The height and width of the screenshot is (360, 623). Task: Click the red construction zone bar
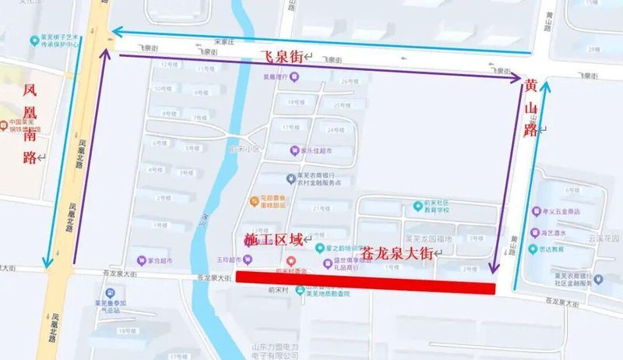(365, 288)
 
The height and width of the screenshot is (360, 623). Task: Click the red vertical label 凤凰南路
(31, 118)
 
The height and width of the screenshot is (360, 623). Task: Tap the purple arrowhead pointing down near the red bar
(494, 268)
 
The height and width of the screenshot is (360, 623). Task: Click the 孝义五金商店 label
(569, 211)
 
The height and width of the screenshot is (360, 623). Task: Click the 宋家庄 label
(226, 41)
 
